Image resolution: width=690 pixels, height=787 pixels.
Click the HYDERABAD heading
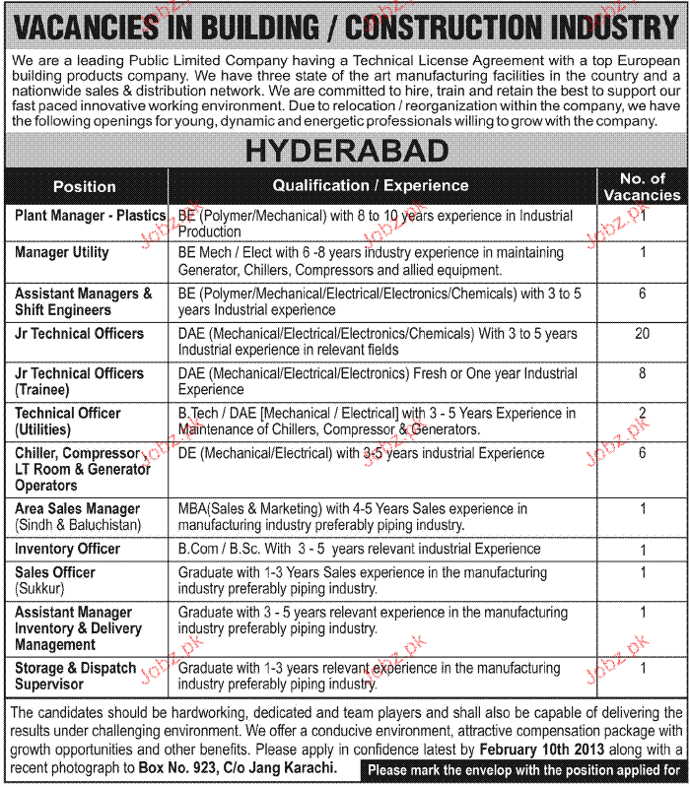click(345, 151)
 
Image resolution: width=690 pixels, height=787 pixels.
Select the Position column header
click(85, 186)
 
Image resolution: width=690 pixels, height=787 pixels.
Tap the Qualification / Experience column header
click(371, 185)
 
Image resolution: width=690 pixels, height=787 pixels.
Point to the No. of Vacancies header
click(642, 186)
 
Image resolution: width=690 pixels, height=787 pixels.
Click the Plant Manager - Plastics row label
click(90, 215)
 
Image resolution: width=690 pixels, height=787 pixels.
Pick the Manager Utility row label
click(62, 253)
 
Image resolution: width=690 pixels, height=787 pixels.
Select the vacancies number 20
click(642, 334)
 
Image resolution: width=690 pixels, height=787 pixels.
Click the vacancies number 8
click(642, 374)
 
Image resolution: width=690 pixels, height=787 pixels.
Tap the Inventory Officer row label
click(68, 549)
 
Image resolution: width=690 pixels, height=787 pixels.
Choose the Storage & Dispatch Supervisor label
click(76, 676)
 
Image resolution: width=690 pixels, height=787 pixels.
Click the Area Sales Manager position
click(78, 509)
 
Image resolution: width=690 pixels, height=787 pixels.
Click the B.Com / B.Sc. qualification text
click(224, 549)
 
